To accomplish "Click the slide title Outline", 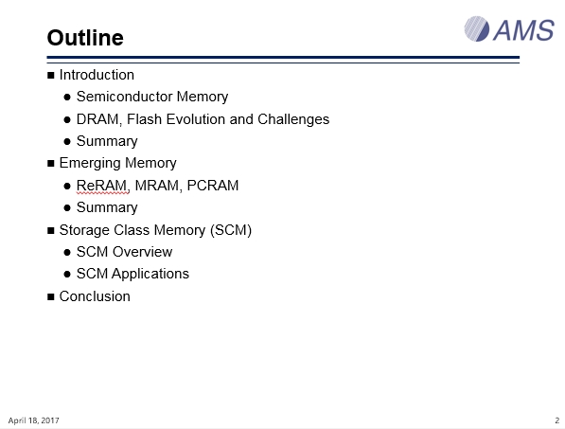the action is pyautogui.click(x=85, y=38).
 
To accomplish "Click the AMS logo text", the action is pyautogui.click(x=523, y=30).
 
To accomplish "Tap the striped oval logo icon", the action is pyautogui.click(x=476, y=28).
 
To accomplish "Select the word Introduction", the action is pyautogui.click(x=97, y=75).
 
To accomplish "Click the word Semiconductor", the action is pyautogui.click(x=125, y=97).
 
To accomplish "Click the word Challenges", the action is pyautogui.click(x=293, y=119).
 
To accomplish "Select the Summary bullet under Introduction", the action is pyautogui.click(x=107, y=141).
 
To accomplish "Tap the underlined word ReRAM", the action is pyautogui.click(x=102, y=186).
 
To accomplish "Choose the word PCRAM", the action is pyautogui.click(x=213, y=186).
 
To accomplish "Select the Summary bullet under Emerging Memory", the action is pyautogui.click(x=107, y=207).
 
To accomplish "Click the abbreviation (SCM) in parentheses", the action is pyautogui.click(x=231, y=230).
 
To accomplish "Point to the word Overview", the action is pyautogui.click(x=142, y=252).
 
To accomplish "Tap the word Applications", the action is pyautogui.click(x=150, y=274).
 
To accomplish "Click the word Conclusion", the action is pyautogui.click(x=95, y=296).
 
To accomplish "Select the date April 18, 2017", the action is pyautogui.click(x=33, y=420).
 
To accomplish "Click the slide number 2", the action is pyautogui.click(x=557, y=420).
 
